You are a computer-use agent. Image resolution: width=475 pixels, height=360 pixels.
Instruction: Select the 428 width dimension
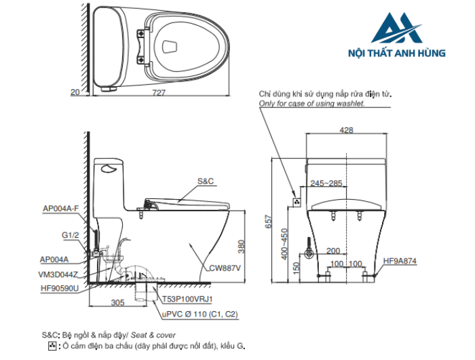347,131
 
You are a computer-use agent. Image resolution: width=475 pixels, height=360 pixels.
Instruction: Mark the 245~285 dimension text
326,183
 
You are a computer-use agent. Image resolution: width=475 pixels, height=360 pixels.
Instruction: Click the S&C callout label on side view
206,181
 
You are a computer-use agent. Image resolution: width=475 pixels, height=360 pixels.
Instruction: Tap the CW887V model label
225,268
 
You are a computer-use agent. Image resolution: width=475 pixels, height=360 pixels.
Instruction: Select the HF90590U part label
60,288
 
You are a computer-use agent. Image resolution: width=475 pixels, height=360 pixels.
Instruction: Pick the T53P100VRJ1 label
187,298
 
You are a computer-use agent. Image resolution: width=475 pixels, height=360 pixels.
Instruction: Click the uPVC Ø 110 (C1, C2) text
199,314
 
